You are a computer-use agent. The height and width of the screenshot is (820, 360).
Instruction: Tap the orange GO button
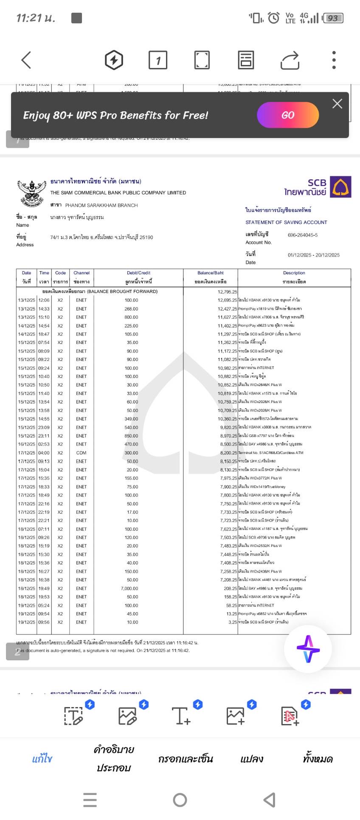point(288,115)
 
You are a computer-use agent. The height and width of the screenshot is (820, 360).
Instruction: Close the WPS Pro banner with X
point(337,104)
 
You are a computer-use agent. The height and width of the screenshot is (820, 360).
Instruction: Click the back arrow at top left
point(26,60)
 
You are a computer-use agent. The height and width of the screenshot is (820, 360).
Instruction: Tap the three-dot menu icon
point(334,60)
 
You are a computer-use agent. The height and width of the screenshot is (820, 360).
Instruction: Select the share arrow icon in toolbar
point(290,60)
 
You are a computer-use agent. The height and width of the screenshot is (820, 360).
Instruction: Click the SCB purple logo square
point(340,187)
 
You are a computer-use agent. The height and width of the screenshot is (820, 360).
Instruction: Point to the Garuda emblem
point(31,192)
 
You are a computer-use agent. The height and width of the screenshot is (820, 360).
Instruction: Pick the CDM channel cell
point(81,453)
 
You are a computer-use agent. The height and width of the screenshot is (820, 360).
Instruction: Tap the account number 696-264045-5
point(303,235)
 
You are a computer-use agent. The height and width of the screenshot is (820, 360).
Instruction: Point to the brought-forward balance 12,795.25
point(227,292)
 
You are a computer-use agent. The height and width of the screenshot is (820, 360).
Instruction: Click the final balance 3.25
point(233,622)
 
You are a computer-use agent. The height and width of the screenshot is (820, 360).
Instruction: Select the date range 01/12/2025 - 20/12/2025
point(314,255)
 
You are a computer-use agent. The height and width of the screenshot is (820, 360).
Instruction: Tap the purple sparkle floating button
point(308,649)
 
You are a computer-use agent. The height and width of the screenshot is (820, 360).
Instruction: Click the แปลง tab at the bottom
point(252,759)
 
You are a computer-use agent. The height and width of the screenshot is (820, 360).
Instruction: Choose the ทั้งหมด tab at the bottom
point(318,759)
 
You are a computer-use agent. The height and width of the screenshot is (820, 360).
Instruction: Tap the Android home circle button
point(180,800)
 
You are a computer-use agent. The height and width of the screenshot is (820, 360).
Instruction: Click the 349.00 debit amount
point(132,419)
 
